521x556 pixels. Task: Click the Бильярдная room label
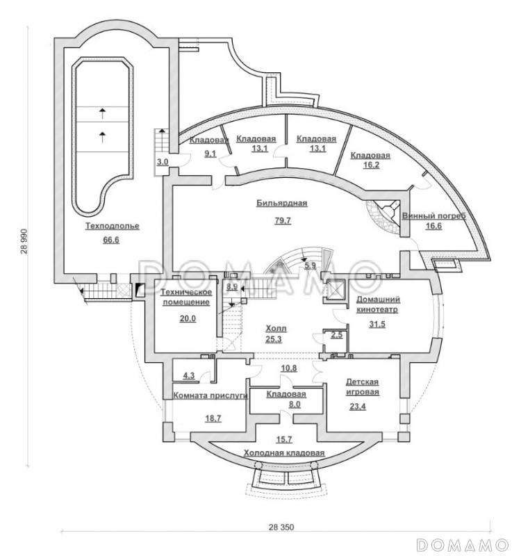point(282,204)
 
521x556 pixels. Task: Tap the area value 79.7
point(283,220)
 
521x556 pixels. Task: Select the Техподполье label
point(113,226)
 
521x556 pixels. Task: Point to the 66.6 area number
point(111,240)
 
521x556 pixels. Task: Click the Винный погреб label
point(433,216)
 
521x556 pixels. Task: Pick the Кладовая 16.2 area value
point(371,165)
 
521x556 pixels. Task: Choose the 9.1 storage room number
point(210,154)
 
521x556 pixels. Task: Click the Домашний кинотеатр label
point(378,304)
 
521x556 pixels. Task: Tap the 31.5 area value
point(377,324)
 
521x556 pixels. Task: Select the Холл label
point(276,329)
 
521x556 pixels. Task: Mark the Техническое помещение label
point(186,297)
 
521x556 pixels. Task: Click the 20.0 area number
point(188,318)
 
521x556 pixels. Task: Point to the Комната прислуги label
point(210,395)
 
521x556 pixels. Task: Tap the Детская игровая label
point(362,387)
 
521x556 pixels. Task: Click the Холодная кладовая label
point(284,453)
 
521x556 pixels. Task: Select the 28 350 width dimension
point(281,528)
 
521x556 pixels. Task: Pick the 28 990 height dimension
point(24,241)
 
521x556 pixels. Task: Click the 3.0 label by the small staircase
point(163,162)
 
